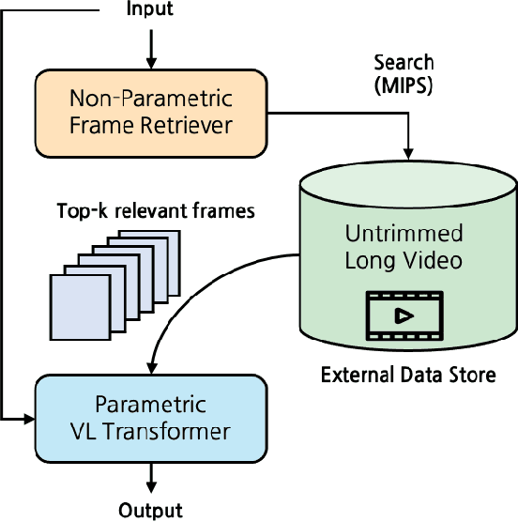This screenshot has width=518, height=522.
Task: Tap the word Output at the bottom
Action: click(x=150, y=511)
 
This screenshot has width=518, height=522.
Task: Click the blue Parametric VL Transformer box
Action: click(x=150, y=418)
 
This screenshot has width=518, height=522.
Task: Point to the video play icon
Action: click(x=404, y=315)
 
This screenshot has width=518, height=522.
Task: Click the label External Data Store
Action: click(x=407, y=376)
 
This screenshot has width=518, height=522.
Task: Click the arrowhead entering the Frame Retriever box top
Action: click(x=150, y=63)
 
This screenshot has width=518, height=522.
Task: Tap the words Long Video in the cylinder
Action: click(x=404, y=260)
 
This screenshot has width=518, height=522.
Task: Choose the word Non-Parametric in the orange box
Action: click(x=150, y=98)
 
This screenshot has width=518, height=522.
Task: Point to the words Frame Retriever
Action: click(x=150, y=123)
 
